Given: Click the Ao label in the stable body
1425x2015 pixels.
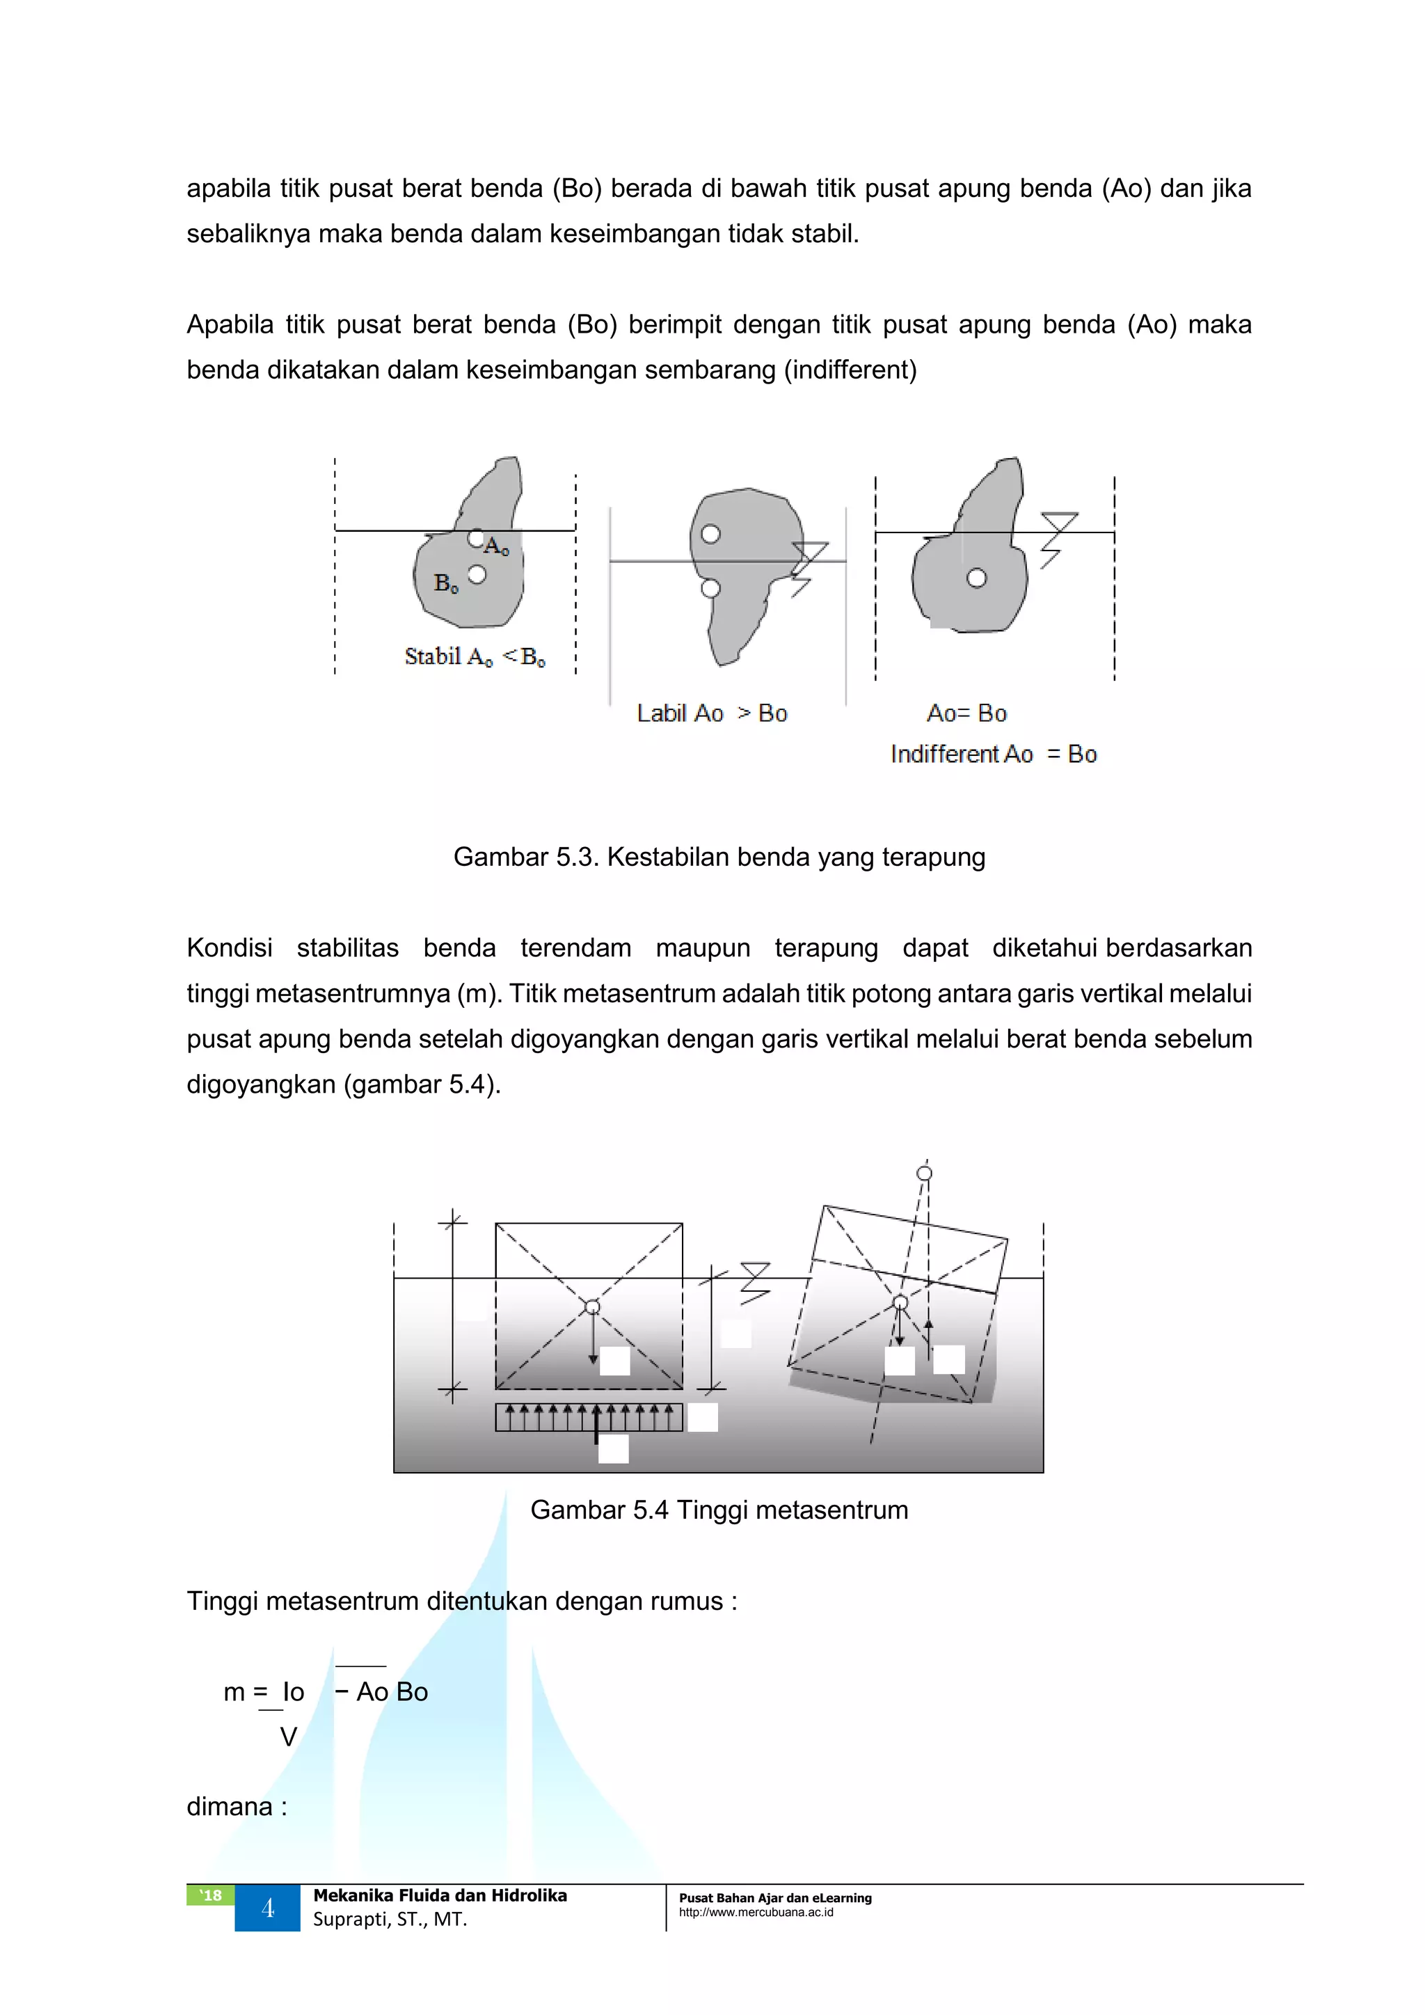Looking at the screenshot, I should pyautogui.click(x=496, y=546).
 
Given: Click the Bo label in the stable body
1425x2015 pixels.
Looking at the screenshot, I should pyautogui.click(x=446, y=583).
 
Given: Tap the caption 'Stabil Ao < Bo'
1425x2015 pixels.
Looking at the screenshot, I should pyautogui.click(x=475, y=656).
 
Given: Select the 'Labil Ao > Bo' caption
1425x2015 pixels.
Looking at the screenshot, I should pyautogui.click(x=712, y=713).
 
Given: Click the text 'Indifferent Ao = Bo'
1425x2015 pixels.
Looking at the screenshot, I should pyautogui.click(x=994, y=754).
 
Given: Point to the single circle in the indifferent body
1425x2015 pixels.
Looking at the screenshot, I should pyautogui.click(x=977, y=578).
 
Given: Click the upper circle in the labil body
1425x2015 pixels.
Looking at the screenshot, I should pyautogui.click(x=710, y=534).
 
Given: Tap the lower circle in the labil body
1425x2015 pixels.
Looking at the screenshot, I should pyautogui.click(x=710, y=588).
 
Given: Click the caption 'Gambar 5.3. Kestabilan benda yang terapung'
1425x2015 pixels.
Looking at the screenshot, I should pyautogui.click(x=719, y=857).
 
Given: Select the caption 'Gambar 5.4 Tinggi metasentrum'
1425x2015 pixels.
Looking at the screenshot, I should pyautogui.click(x=719, y=1510).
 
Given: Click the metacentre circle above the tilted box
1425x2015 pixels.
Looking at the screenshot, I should pyautogui.click(x=924, y=1174).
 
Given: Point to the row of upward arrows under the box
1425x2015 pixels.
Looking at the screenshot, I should pyautogui.click(x=589, y=1416).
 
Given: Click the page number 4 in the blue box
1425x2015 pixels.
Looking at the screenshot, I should pyautogui.click(x=268, y=1908).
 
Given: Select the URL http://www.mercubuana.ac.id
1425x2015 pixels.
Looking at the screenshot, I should pyautogui.click(x=756, y=1912).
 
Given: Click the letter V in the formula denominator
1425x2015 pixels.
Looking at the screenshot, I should pyautogui.click(x=288, y=1737).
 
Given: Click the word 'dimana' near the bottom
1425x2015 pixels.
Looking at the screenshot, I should pyautogui.click(x=230, y=1806).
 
